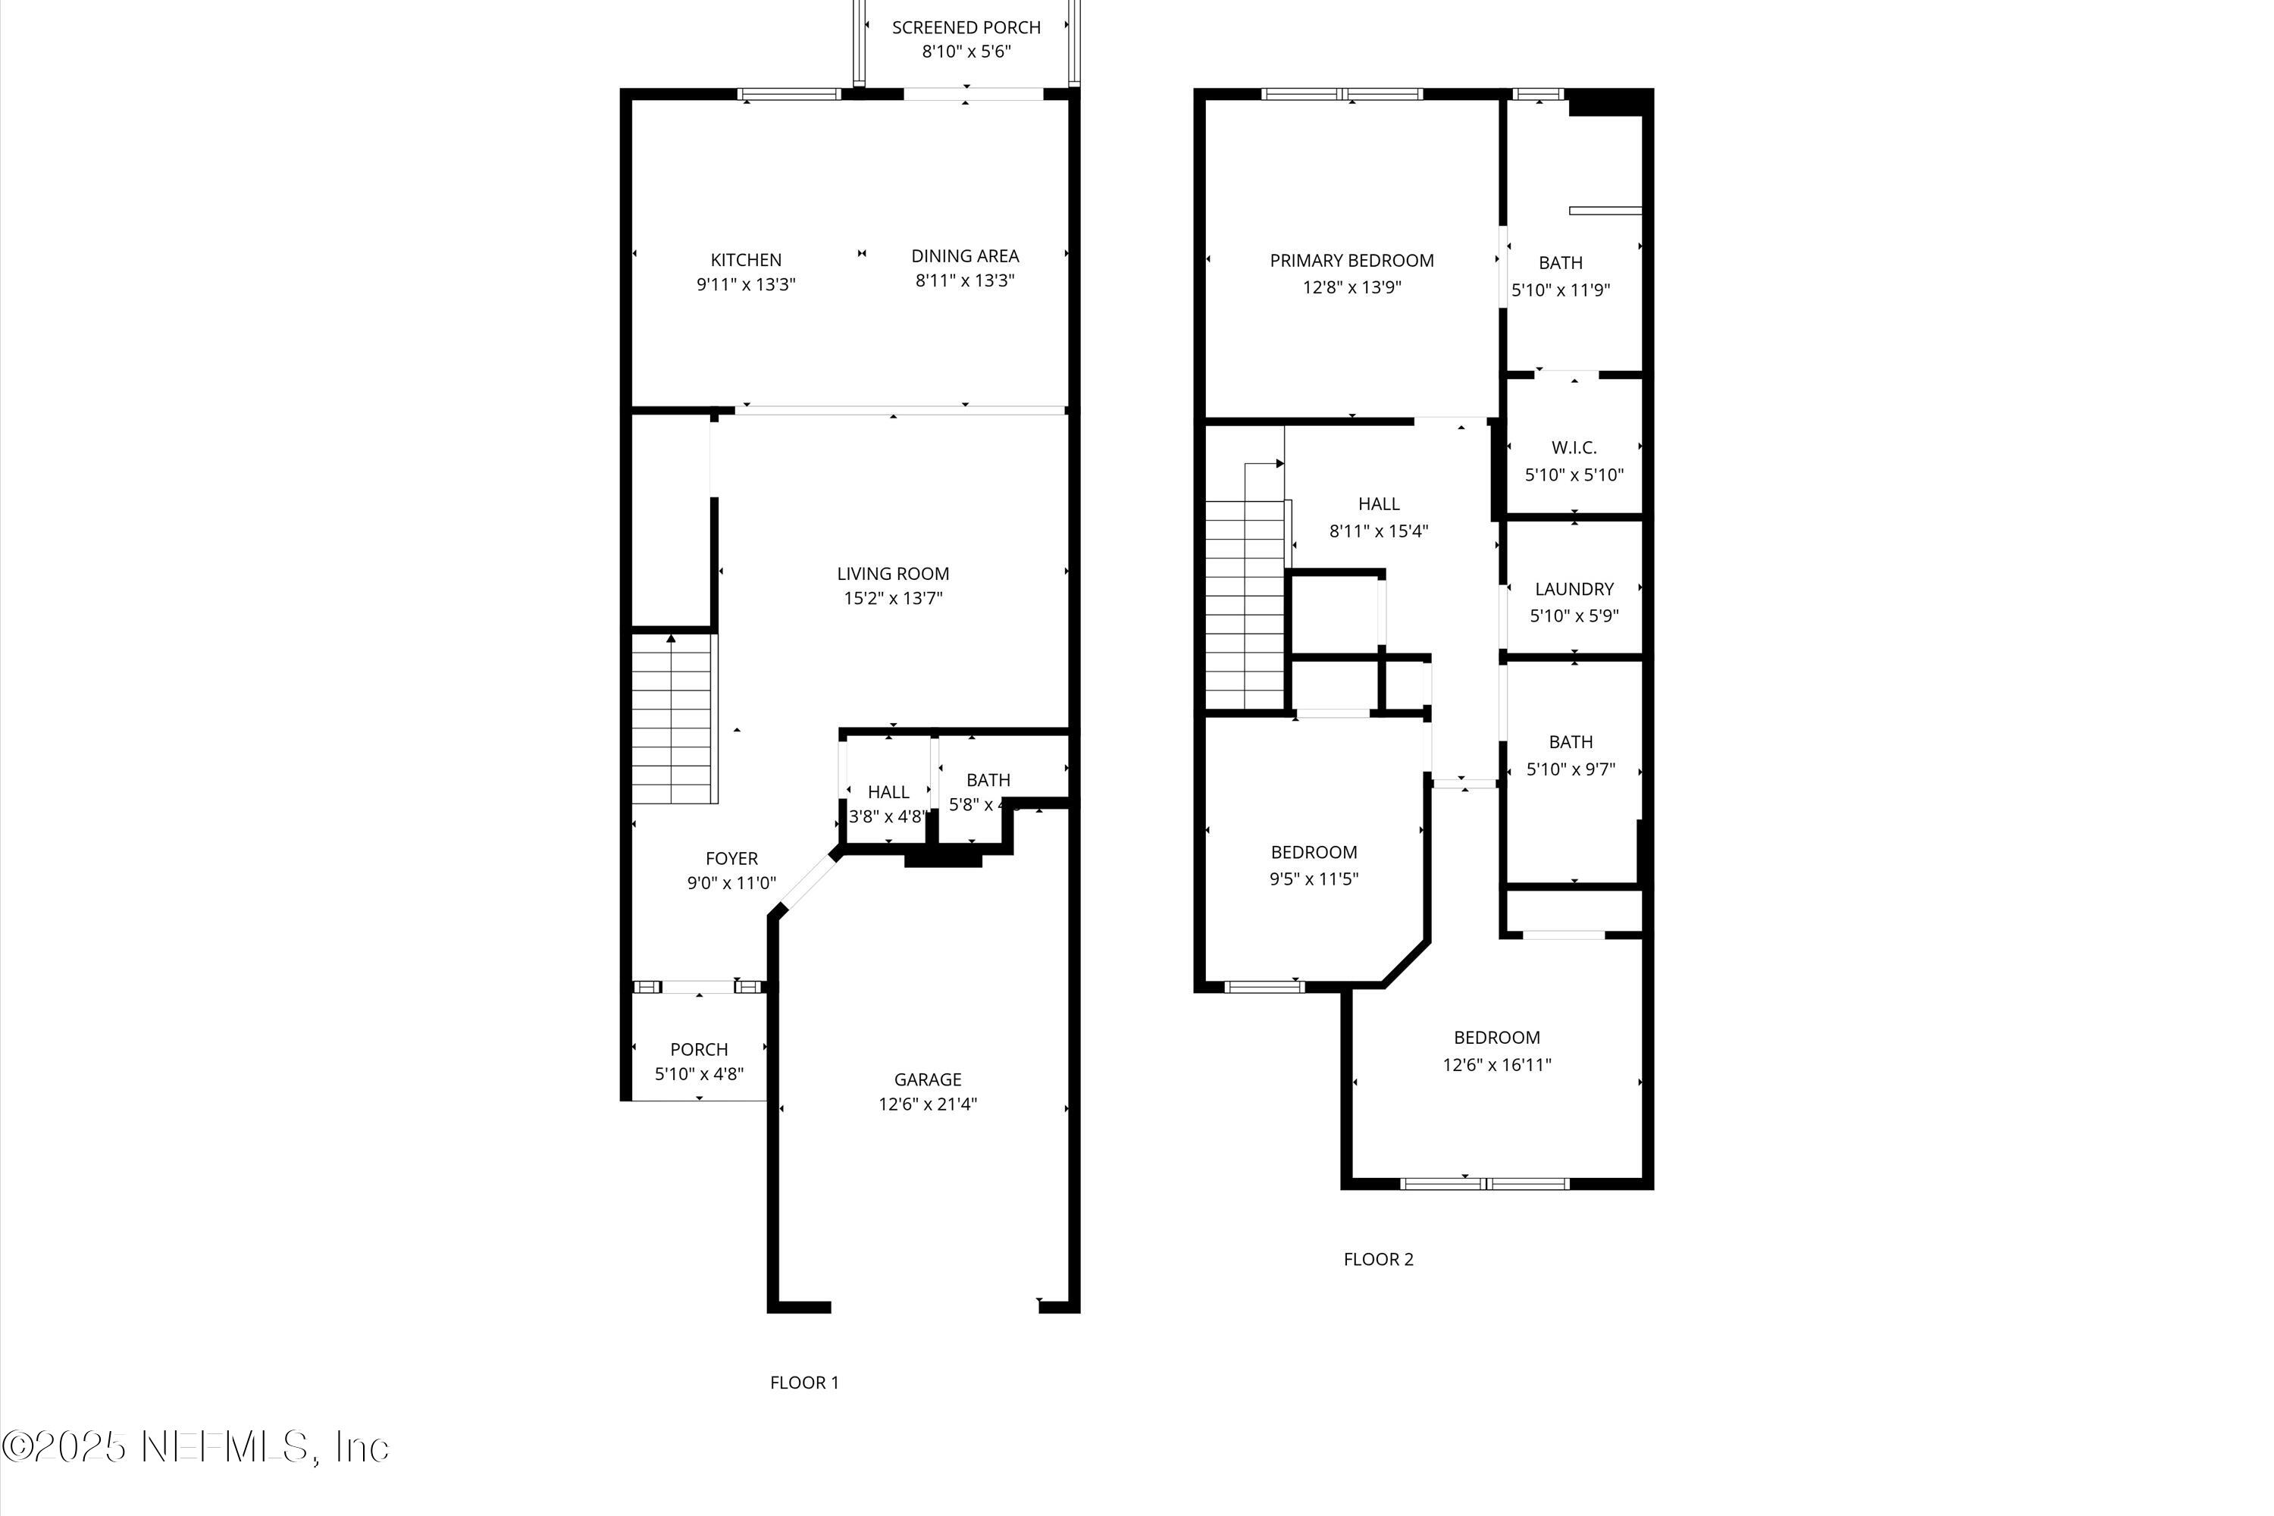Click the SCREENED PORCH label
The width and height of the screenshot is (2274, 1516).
(966, 28)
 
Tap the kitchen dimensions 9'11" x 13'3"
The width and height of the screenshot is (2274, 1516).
(745, 285)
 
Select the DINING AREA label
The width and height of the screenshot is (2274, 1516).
(965, 256)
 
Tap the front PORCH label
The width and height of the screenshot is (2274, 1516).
(698, 1050)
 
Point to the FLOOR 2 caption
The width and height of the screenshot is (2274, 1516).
(1378, 1260)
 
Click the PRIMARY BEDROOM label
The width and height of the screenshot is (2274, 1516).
(1351, 261)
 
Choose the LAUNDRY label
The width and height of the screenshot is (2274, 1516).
(1573, 589)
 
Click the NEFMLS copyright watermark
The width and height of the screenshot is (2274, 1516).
(196, 1447)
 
